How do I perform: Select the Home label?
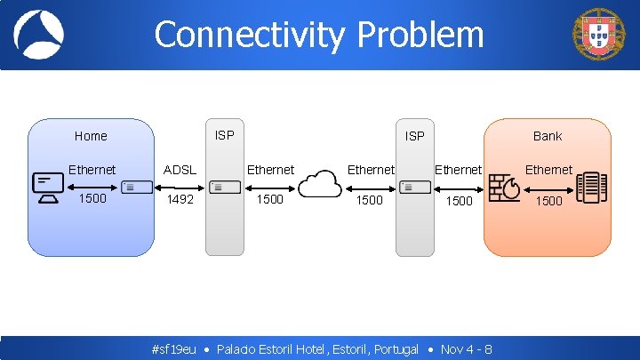(x=91, y=136)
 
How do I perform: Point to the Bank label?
(x=548, y=136)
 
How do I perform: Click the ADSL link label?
(x=180, y=170)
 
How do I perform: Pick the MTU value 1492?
(x=180, y=199)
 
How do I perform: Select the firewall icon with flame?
(x=508, y=187)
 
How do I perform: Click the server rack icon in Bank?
(x=591, y=188)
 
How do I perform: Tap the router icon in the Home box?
(x=131, y=187)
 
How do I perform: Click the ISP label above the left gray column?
(x=225, y=135)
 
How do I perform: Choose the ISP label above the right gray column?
(x=414, y=136)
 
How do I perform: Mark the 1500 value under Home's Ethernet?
(x=92, y=198)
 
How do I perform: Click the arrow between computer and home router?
(x=92, y=187)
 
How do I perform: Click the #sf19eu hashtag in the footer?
(x=174, y=349)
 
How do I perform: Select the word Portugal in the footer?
(x=396, y=349)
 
